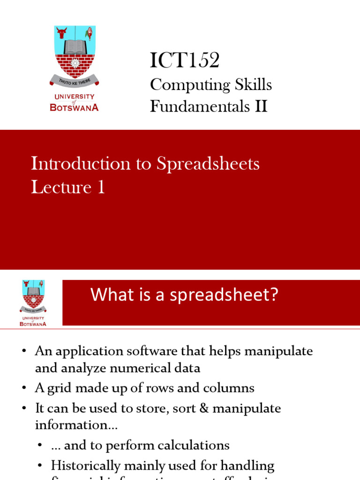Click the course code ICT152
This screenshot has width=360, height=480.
(185, 60)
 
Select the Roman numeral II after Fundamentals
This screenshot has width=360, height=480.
(261, 107)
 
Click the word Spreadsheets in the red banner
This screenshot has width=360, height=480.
(208, 164)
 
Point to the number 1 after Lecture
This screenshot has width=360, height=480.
(100, 187)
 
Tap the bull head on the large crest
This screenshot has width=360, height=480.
(61, 33)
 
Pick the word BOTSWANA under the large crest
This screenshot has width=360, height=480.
(74, 107)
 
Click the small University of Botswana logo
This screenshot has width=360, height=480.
(32, 303)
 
